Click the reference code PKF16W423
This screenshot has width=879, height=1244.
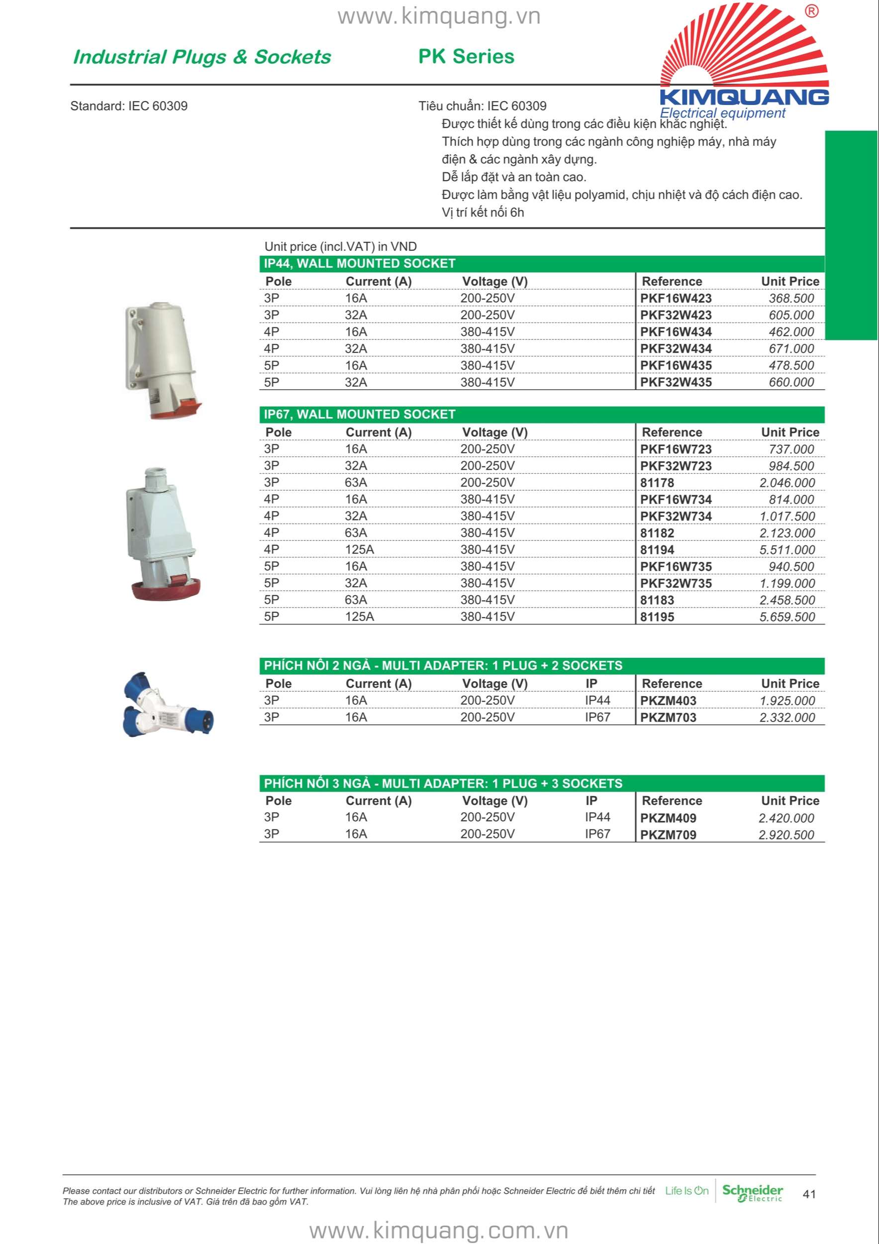(676, 298)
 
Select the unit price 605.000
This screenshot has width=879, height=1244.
(791, 315)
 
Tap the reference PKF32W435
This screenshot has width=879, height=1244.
(676, 382)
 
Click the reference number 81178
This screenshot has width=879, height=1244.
(657, 483)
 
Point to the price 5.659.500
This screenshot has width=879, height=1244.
(786, 617)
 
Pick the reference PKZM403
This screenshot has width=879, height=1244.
(668, 701)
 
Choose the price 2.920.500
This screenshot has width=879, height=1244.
(786, 834)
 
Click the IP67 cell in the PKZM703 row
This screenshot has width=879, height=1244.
(597, 717)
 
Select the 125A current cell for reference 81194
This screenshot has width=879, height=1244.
(360, 549)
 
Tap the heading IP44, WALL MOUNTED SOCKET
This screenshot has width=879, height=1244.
(360, 264)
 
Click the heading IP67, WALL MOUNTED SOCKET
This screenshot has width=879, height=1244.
(360, 415)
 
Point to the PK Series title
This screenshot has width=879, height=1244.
(466, 56)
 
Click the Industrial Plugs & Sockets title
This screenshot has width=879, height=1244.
(202, 57)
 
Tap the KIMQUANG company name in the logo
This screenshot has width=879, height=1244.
(744, 97)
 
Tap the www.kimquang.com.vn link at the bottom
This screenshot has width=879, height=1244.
(439, 1230)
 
